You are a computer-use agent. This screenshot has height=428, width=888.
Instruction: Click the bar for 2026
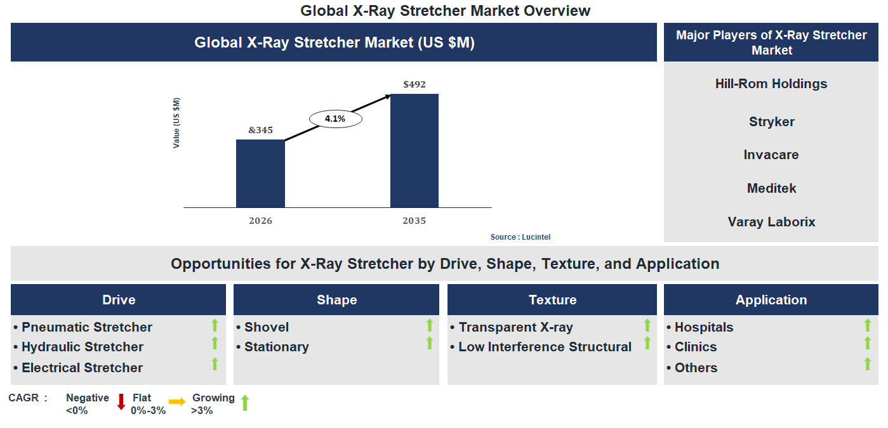coord(260,173)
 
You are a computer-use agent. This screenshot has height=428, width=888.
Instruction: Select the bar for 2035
coord(414,150)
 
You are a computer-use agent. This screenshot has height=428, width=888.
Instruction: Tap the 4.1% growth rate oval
coord(335,119)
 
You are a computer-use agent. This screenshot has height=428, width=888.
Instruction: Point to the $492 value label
coord(414,84)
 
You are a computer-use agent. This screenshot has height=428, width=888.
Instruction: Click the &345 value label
coord(260,130)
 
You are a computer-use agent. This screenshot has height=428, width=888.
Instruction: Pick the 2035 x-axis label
coord(414,221)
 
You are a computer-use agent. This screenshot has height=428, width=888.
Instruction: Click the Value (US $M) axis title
coord(176,123)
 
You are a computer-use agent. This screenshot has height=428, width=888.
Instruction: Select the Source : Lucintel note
coord(520,237)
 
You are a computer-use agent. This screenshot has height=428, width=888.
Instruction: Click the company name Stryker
coord(771,122)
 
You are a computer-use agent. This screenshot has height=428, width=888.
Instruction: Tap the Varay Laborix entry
coord(771,222)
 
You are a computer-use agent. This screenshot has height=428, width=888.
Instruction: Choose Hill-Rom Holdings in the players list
coord(771,84)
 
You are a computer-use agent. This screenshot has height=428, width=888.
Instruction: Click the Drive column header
coord(119,300)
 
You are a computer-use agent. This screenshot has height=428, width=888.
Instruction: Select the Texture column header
coord(552,300)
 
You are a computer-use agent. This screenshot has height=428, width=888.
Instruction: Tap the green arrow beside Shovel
coord(430,326)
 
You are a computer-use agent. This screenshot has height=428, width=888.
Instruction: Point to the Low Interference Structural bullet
coord(545,347)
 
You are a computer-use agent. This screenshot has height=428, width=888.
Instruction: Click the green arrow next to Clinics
coord(868,344)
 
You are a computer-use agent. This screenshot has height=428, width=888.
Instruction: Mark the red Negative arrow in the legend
coord(121,402)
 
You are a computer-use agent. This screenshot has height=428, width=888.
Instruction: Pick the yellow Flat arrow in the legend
coord(177,402)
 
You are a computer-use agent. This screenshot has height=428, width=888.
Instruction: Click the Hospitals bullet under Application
coord(703,327)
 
